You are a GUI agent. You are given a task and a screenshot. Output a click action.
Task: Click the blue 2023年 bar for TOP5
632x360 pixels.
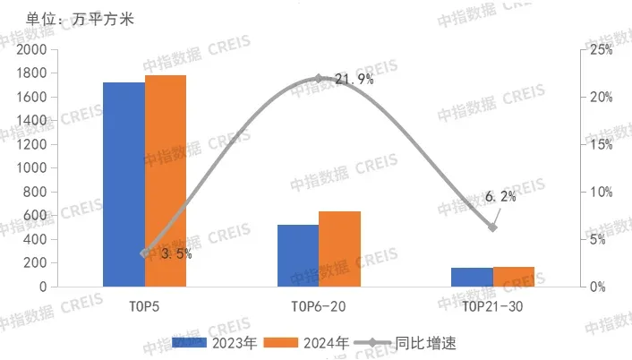pos(124,184)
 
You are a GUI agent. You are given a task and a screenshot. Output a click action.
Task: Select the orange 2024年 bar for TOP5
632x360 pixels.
pos(166,181)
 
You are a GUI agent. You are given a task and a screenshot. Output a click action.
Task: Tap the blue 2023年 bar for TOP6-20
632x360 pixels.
pos(298,256)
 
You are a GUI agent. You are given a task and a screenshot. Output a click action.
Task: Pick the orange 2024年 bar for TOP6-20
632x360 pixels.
pos(339,249)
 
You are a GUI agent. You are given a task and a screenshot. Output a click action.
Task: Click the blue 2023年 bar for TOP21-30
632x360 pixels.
pos(472,277)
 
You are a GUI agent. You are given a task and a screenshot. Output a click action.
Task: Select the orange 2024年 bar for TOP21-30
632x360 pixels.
pos(513,277)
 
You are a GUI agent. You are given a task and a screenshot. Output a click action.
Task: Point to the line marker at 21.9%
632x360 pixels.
pos(319,79)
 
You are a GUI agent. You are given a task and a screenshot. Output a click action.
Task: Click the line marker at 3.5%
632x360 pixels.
pos(145,253)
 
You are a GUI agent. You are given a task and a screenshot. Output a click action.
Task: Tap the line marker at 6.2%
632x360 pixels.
pos(492,227)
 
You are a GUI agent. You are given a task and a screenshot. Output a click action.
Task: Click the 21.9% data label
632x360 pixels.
pos(354,80)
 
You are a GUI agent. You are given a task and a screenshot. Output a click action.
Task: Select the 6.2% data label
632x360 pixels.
pos(501,197)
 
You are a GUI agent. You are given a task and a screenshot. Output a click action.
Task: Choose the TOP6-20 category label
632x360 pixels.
pos(319,307)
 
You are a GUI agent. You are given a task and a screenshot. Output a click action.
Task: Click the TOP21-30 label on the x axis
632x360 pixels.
pos(492,307)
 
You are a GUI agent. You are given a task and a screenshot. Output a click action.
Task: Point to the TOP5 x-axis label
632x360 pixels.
pos(145,307)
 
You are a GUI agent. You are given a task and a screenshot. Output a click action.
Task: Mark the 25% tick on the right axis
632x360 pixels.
pos(601,50)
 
